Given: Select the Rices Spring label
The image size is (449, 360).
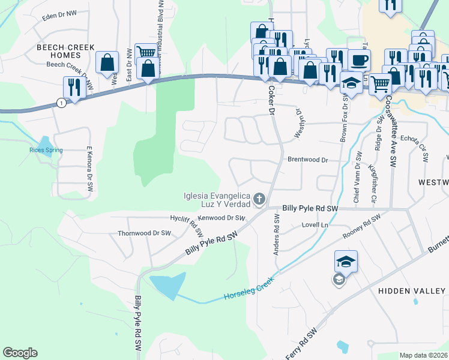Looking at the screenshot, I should point(46,150).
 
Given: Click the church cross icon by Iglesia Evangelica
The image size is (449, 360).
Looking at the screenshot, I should point(259,198).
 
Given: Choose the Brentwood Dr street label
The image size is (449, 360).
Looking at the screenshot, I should point(307,160).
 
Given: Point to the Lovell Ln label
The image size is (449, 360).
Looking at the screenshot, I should point(315,226).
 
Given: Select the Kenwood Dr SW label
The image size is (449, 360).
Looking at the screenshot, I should point(221,218).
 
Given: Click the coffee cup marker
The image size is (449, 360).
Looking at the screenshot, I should point(359,60).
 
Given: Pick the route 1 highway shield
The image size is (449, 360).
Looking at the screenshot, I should point(60,104).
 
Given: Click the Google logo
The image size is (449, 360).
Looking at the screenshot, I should point(20,353).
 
